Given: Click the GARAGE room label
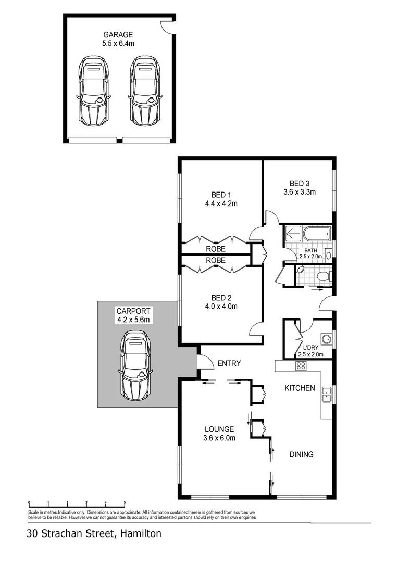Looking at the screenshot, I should point(118,35).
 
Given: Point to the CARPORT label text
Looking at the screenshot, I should point(133,311).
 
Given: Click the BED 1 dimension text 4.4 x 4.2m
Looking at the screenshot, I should point(221,204).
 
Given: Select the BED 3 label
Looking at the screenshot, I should point(300,183).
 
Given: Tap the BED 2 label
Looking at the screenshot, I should point(221,298).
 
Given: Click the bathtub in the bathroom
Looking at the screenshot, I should point(316,234).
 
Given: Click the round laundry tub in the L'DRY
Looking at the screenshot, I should point(326,340).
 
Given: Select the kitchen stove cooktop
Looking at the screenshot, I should point(301,366).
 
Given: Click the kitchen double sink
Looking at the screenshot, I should point(326,395).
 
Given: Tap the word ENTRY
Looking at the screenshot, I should point(229,363).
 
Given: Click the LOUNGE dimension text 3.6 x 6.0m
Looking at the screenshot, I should point(219,438).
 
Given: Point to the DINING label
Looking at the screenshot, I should point(301,454).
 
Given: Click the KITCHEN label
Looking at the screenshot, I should point(300,388).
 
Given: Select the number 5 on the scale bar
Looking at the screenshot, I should point(125,503).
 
